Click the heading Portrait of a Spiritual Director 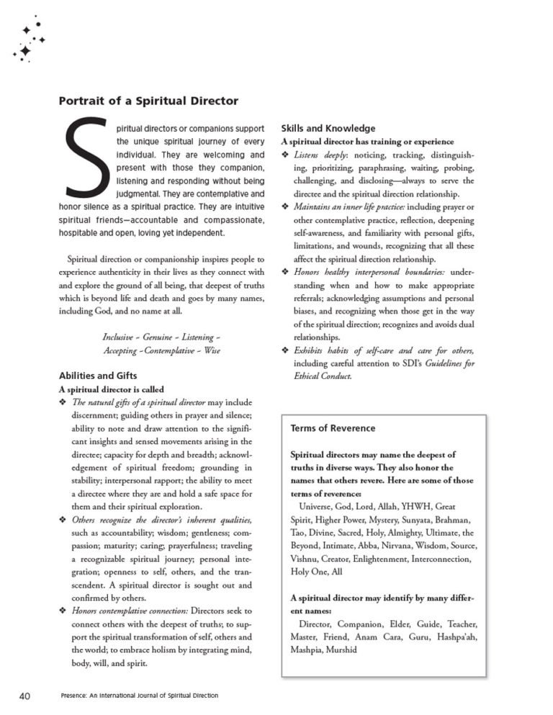pos(148,101)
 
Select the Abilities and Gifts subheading pos(97,375)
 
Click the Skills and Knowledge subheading pos(328,129)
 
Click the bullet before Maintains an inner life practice pos(285,207)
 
